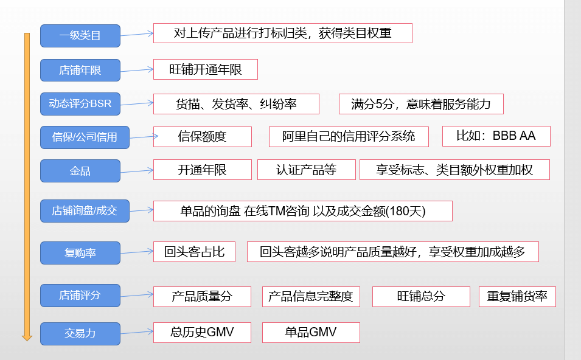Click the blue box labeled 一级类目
pos(80,36)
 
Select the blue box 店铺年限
pos(80,70)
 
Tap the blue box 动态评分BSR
pos(80,103)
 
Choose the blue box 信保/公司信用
pos(85,137)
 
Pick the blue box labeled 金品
pos(80,171)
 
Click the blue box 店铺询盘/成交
pos(85,211)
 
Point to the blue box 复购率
pos(80,252)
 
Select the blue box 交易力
pos(80,333)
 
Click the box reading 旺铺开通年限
pos(206,69)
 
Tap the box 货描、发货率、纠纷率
pos(236,104)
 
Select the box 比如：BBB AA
pos(496,136)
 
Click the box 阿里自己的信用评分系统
pos(349,136)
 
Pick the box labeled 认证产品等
pos(306,170)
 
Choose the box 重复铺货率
pos(517,296)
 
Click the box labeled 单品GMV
pos(311,332)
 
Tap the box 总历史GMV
pos(202,332)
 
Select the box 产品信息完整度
pos(311,296)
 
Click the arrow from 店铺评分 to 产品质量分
pos(137,296)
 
